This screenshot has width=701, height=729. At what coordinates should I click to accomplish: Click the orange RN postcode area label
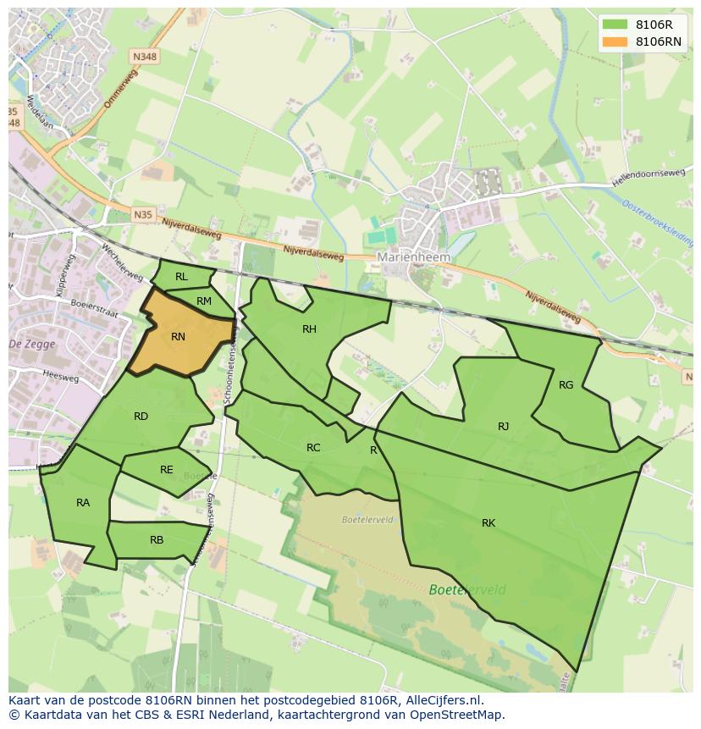[x=178, y=337]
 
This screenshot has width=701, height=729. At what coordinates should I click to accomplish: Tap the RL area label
[x=181, y=277]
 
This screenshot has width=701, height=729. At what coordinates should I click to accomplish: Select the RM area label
[x=204, y=301]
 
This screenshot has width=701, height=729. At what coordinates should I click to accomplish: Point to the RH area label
[x=309, y=329]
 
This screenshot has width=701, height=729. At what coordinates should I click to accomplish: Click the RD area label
[x=141, y=417]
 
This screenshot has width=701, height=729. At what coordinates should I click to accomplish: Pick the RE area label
[x=167, y=470]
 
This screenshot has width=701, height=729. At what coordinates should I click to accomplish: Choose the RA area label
[x=83, y=503]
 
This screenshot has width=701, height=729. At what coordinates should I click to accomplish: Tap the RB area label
[x=157, y=540]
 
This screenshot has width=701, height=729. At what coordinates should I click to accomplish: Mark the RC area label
[x=313, y=448]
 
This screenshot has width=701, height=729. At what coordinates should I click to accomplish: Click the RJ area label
[x=504, y=427]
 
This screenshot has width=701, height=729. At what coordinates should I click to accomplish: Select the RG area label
[x=566, y=385]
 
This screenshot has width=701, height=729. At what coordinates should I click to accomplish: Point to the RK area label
[x=488, y=523]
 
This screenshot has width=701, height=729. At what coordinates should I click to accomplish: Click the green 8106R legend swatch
[x=615, y=25]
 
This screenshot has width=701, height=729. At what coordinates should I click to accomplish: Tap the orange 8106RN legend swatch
[x=615, y=41]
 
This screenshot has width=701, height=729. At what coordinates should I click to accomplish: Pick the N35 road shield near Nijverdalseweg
[x=143, y=215]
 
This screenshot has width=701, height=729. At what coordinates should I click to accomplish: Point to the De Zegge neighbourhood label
[x=31, y=344]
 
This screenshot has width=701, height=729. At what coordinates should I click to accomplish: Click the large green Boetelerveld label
[x=467, y=590]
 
